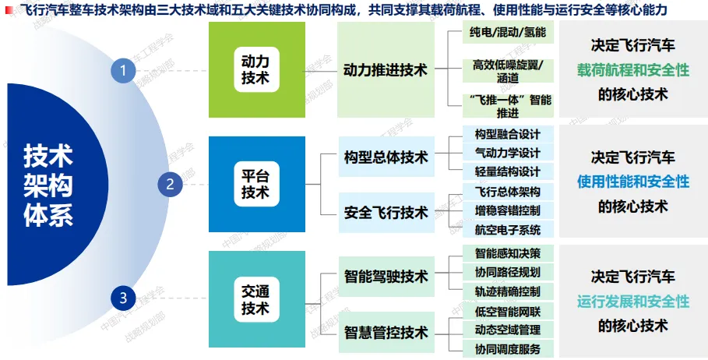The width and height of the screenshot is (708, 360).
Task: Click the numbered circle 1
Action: [x=122, y=71]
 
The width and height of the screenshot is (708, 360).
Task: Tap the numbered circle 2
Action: [x=170, y=185]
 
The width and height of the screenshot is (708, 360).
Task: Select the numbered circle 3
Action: [x=122, y=297]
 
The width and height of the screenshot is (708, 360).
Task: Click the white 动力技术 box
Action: [x=255, y=69]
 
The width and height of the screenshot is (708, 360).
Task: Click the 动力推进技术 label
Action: [x=386, y=70]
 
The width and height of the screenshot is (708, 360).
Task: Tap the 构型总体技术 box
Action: [x=386, y=157]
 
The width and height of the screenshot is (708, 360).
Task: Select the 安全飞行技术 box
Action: [x=386, y=212]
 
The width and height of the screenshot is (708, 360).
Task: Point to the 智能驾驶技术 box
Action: [x=386, y=276]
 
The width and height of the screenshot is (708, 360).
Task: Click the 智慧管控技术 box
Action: [x=386, y=333]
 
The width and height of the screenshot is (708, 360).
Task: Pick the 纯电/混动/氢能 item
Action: [x=507, y=33]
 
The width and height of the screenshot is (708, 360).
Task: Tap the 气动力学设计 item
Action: [x=507, y=153]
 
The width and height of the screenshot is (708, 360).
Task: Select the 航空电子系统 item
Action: [x=507, y=229]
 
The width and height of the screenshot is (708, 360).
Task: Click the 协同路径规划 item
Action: [x=507, y=272]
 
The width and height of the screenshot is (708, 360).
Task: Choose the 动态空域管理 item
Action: [x=507, y=330]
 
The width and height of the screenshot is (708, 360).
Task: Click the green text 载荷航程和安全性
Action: [x=633, y=69]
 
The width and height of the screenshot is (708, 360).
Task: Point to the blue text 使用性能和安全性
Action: [x=633, y=182]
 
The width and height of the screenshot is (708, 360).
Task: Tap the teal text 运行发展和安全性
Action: [x=633, y=301]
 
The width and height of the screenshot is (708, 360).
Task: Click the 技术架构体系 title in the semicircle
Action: [x=48, y=185]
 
